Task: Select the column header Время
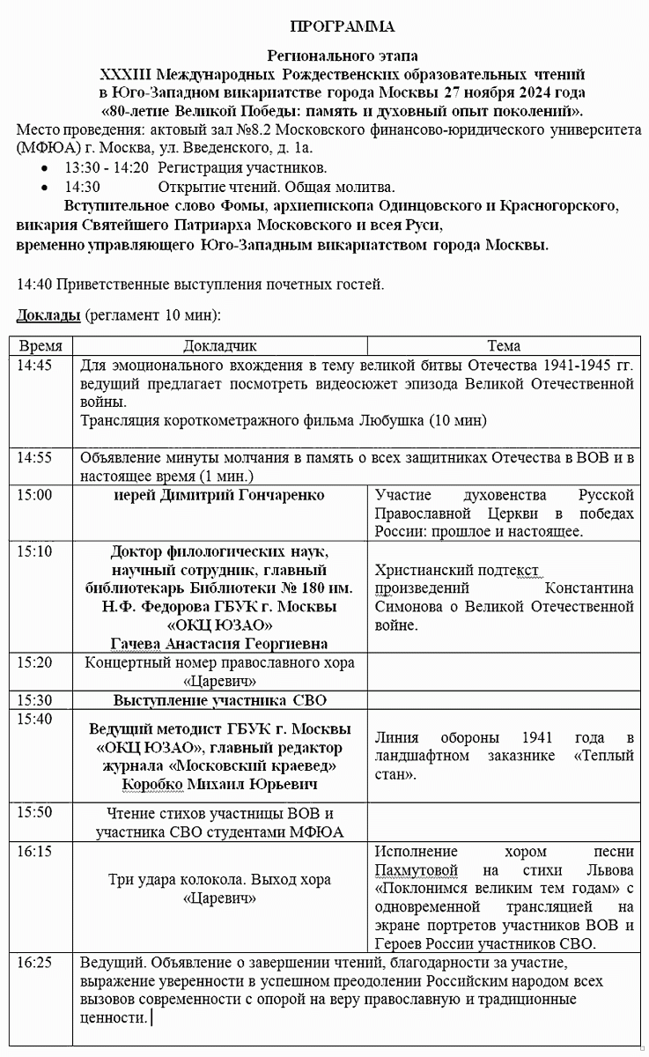[41, 346]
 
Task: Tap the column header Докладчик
[219, 346]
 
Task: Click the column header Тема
[504, 346]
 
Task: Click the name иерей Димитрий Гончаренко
[219, 495]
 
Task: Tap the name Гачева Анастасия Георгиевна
[219, 643]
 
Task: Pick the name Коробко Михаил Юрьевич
[219, 784]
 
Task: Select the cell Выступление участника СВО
[219, 701]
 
